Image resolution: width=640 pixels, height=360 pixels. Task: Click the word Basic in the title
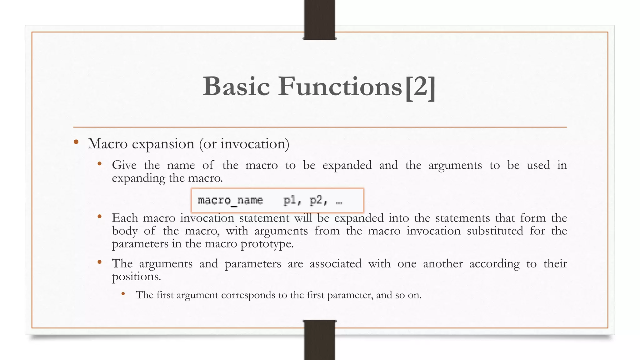click(x=236, y=86)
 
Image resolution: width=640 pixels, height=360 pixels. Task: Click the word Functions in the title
click(x=340, y=86)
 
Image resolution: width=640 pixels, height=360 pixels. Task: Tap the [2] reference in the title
click(x=420, y=87)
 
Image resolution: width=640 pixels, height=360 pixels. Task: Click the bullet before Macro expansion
click(x=76, y=142)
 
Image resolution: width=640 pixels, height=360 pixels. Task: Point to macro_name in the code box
click(x=230, y=200)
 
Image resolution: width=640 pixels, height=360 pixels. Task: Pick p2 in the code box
click(x=317, y=200)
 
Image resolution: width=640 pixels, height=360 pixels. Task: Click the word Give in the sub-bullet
click(x=124, y=165)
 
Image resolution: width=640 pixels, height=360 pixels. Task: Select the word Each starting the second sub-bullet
click(x=125, y=218)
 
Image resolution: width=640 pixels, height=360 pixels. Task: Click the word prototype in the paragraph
click(x=267, y=244)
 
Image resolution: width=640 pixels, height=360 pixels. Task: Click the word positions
click(x=136, y=277)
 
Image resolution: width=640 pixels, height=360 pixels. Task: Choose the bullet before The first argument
click(x=123, y=294)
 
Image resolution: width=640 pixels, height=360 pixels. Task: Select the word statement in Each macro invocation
click(x=264, y=218)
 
